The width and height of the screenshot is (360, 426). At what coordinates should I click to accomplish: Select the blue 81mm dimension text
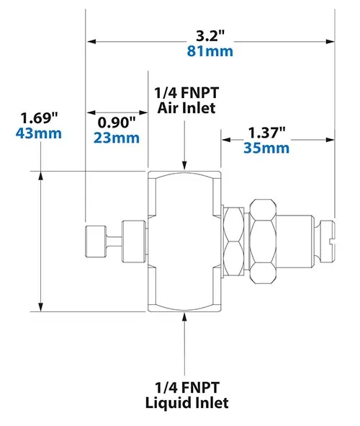point(211,52)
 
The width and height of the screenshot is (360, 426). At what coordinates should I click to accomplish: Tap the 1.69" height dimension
point(40,117)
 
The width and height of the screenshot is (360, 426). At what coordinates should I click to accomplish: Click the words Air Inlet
point(186,109)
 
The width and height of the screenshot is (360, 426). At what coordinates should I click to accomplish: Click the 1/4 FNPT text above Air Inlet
point(186,94)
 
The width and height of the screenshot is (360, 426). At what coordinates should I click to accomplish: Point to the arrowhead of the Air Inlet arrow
point(186,165)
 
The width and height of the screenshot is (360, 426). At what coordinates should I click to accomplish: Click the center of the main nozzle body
point(186,241)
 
